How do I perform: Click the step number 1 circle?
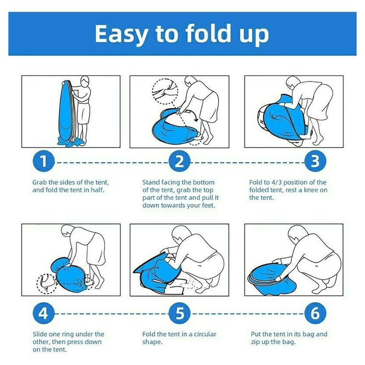coord(44,161)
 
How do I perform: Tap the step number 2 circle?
coord(179,161)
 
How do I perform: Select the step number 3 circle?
coord(315,161)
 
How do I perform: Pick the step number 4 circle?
coord(44,313)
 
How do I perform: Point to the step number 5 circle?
coord(179,313)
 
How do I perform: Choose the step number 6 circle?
coord(315,313)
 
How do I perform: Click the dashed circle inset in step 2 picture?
coord(165,92)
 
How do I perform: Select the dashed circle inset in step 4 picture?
coord(47,284)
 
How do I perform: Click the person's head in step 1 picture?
coord(85,81)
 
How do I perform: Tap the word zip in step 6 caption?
coord(255,342)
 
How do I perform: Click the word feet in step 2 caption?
coord(207,205)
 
